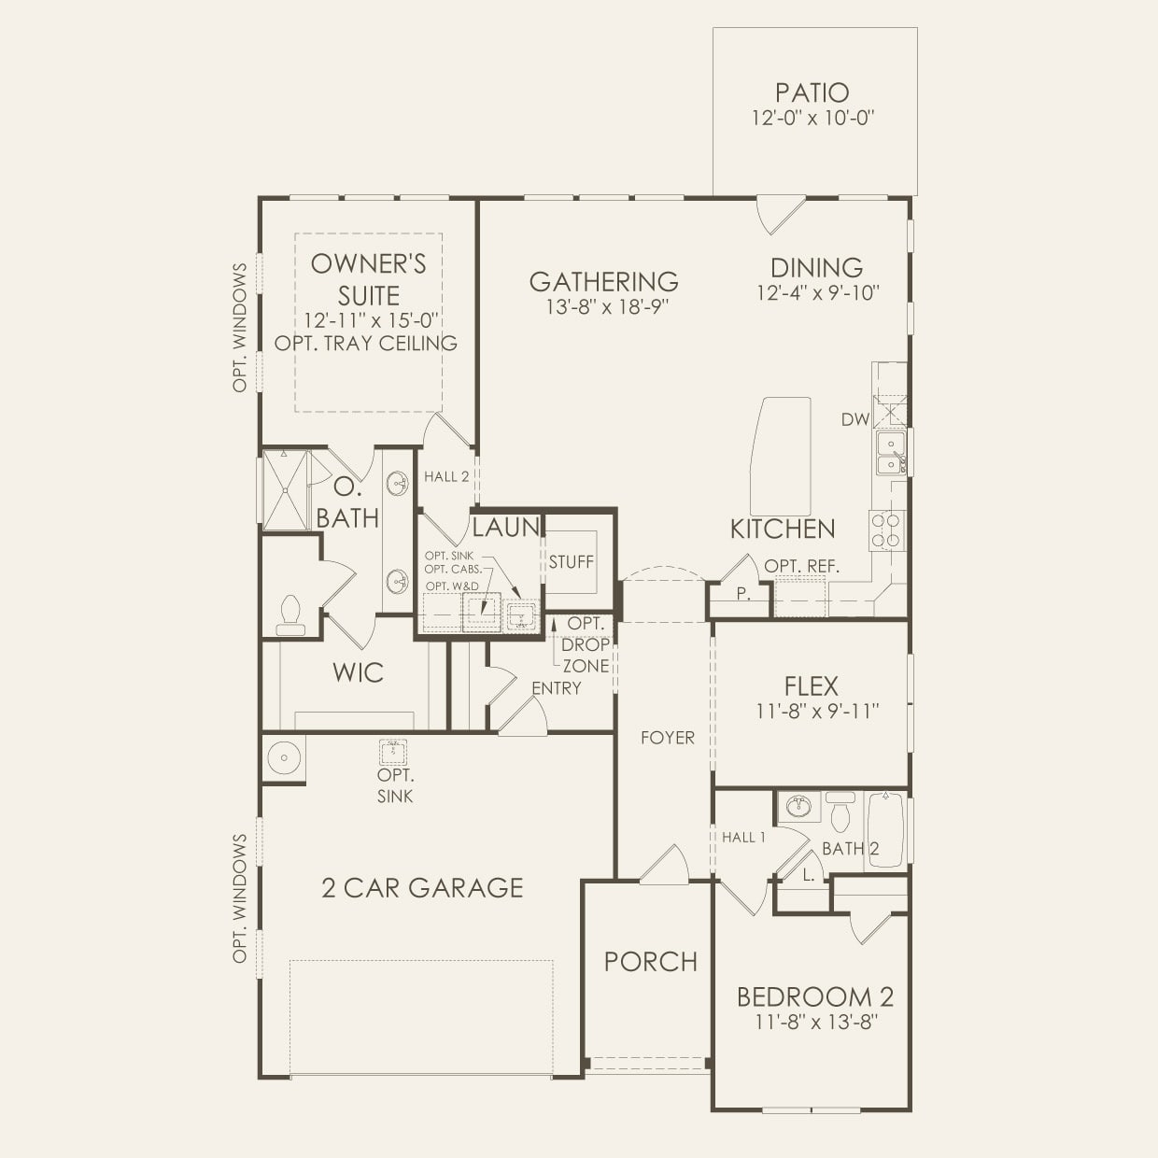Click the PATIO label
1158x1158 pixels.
[812, 92]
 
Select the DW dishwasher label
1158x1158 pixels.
[854, 420]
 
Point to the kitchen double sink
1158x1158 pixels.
[890, 453]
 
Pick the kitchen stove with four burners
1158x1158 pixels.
[887, 530]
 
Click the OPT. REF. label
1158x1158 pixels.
[801, 566]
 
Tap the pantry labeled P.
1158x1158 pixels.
[742, 594]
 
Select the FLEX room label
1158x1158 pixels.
[811, 686]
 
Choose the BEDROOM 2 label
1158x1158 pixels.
[814, 996]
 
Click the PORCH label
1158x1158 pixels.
[650, 962]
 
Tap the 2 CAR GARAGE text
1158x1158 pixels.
[422, 887]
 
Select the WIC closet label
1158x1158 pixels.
[358, 672]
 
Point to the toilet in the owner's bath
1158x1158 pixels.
[290, 616]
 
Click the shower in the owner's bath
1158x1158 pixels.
[284, 490]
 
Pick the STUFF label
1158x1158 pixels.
[571, 561]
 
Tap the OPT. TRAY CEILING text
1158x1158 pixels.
[366, 344]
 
